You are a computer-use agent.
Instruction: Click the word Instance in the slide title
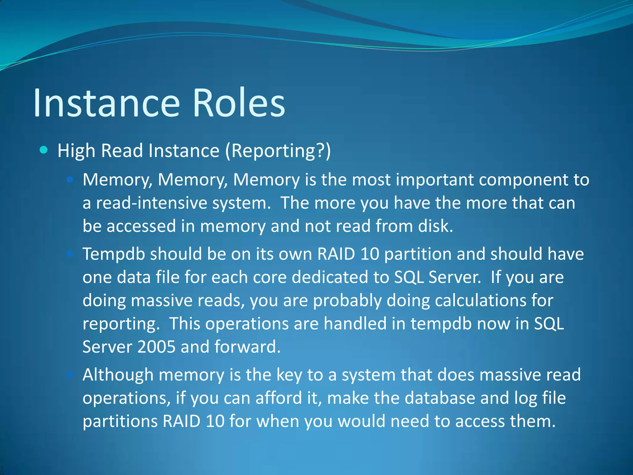106,103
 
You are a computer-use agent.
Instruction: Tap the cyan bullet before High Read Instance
44,150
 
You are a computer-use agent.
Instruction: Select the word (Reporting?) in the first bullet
278,151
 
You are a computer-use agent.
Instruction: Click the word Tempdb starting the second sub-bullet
114,254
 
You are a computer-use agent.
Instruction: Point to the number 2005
156,347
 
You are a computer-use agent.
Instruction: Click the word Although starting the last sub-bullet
118,375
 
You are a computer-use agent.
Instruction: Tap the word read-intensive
151,203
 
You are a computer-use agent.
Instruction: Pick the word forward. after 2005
247,347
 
